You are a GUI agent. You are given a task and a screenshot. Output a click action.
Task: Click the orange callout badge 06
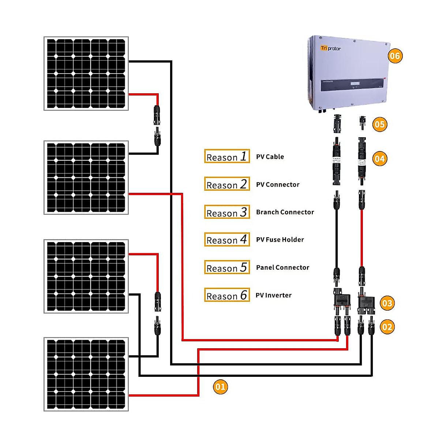[395, 56]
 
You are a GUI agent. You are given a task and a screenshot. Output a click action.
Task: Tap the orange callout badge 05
[380, 124]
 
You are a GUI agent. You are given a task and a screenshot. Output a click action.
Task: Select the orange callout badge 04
[380, 159]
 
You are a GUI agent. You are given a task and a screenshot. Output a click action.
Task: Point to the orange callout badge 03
[387, 303]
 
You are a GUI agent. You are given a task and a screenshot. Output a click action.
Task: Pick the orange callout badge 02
[387, 327]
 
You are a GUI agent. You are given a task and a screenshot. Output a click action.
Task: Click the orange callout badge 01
[220, 387]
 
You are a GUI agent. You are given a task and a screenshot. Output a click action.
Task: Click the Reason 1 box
[227, 156]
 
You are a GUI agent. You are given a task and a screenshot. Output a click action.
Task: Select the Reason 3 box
[227, 212]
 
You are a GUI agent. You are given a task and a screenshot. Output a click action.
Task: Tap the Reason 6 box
[227, 295]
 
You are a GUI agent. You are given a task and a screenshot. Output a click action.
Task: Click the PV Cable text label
[270, 157]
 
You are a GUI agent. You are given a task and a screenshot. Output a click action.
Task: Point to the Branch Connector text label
[285, 212]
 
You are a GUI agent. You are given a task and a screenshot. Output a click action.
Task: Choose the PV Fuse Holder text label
[280, 240]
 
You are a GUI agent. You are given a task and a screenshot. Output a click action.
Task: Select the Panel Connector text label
[282, 267]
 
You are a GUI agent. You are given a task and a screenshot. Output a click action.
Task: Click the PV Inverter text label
[273, 295]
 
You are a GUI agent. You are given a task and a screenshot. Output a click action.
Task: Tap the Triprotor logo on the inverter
[330, 48]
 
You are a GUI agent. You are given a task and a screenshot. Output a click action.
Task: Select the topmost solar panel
[86, 73]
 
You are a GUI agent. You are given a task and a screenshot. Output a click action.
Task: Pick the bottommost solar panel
[86, 374]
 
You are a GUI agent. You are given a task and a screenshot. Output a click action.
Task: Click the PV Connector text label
[278, 184]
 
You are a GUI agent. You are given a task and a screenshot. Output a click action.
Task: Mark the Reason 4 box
[227, 240]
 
